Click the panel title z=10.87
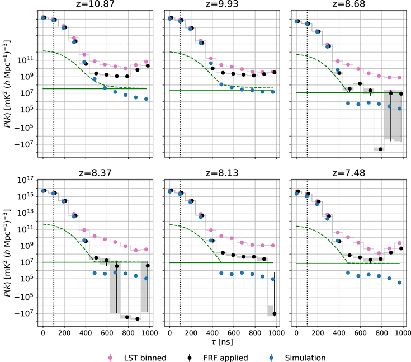(95, 4)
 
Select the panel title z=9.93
(222, 4)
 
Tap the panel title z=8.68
(348, 4)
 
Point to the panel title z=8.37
(95, 173)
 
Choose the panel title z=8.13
(222, 173)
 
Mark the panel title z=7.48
(348, 173)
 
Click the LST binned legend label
(145, 358)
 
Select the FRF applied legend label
(226, 358)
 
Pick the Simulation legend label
(305, 358)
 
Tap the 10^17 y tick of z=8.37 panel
(26, 180)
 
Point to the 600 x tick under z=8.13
(234, 332)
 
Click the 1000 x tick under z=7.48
(402, 332)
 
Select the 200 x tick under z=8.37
(64, 332)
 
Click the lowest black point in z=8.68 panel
(381, 149)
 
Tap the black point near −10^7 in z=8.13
(275, 313)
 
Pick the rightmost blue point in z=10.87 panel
(146, 99)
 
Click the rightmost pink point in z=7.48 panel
(399, 243)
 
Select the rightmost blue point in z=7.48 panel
(399, 283)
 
